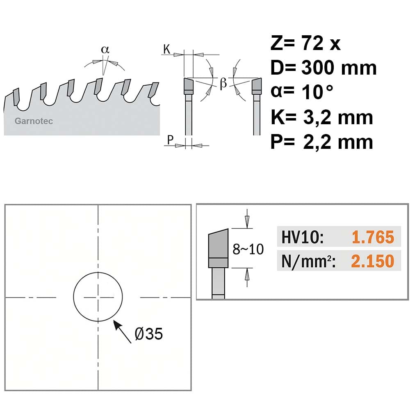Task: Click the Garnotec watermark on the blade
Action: (34, 121)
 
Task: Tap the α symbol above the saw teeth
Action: (105, 50)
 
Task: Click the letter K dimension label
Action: (166, 49)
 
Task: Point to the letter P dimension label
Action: (170, 140)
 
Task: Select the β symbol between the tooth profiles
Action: (223, 83)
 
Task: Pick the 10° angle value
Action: (317, 92)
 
